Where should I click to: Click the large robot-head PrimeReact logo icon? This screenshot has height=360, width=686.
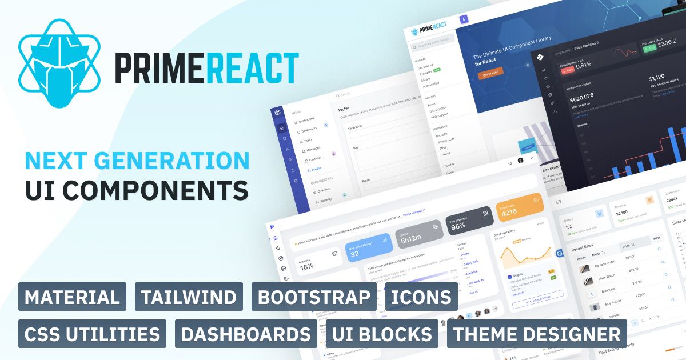point(60,64)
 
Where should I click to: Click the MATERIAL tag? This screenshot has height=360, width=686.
point(72,297)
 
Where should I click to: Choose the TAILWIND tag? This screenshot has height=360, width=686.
point(189,297)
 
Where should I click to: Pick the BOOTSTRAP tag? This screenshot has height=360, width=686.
point(314,297)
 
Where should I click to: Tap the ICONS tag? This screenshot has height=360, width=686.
point(421,297)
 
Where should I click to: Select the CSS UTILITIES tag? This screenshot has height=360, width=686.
point(92,334)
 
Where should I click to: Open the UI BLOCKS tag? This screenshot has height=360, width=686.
point(382,334)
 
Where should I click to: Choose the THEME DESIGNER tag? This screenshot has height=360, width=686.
point(537,334)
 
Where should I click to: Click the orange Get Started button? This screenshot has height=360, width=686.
point(490,74)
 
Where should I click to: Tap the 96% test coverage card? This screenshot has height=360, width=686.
point(469,222)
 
